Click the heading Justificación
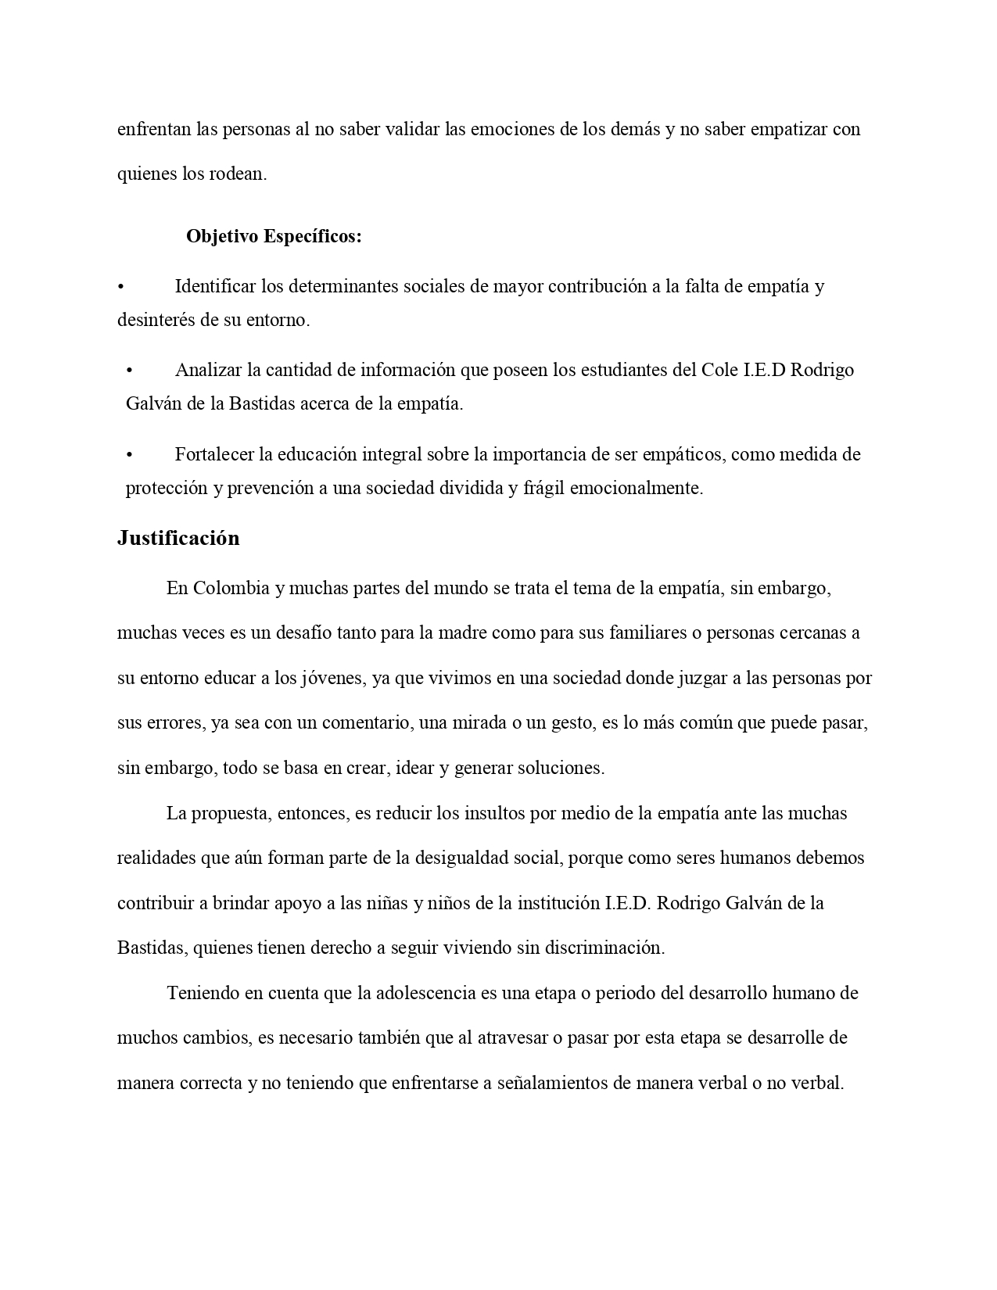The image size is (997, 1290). click(178, 539)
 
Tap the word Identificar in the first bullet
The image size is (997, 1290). click(216, 286)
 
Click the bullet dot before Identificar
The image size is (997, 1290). click(120, 287)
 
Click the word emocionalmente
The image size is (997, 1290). click(637, 489)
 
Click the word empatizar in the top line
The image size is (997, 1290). click(787, 129)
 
